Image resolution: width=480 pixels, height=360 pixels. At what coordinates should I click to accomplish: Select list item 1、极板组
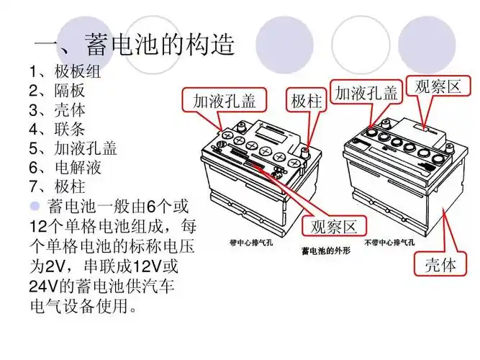(65, 72)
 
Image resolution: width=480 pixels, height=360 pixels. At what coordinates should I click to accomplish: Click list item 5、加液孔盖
(73, 149)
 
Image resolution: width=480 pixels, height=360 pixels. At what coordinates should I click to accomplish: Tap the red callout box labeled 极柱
(306, 101)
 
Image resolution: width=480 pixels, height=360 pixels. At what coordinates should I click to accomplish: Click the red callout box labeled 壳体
(438, 264)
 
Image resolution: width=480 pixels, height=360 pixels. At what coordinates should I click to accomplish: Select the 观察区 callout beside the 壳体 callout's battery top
(437, 87)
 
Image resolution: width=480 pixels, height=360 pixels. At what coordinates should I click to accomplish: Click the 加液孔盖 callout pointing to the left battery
(224, 101)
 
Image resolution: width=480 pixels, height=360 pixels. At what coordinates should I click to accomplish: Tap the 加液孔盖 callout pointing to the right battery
(366, 94)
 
